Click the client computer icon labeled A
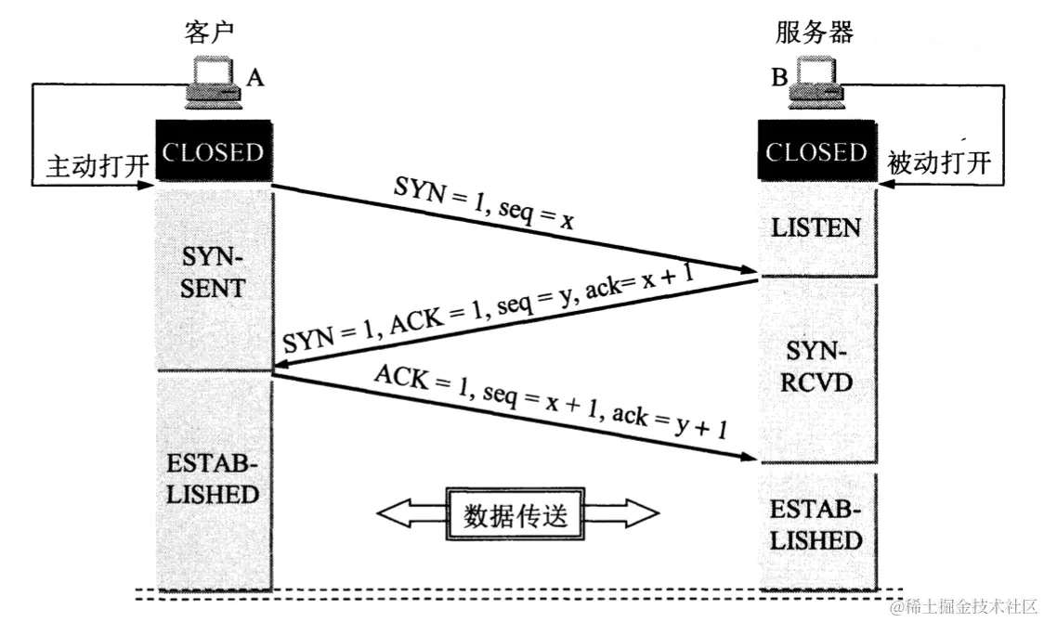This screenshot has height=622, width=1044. [213, 82]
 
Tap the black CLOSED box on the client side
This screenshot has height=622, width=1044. [213, 151]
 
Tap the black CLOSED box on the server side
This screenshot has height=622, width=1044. [816, 151]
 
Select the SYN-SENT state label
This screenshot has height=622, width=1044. [213, 271]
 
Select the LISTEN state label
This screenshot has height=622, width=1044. [816, 227]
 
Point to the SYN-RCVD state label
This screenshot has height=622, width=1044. [816, 367]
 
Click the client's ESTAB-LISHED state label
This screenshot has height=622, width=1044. [213, 478]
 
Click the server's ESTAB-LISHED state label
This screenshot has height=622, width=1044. [816, 525]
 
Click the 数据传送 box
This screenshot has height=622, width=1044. [515, 513]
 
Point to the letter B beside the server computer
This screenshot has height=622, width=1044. [778, 79]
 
